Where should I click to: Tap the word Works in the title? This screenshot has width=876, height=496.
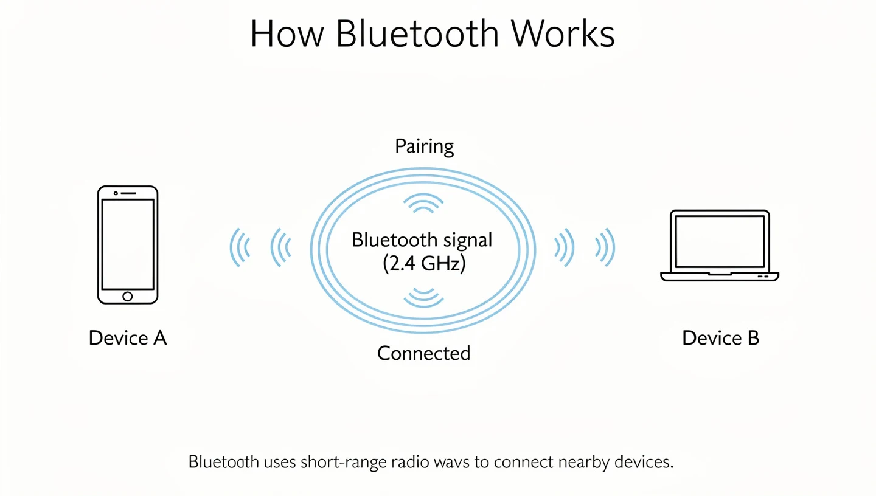point(563,34)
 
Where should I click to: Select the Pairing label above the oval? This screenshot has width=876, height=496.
point(424,146)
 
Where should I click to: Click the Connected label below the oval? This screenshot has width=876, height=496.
point(423,353)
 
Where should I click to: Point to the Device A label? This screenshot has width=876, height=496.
point(128,338)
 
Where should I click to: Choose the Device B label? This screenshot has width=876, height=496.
point(720,338)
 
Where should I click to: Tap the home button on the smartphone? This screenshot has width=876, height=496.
point(128,296)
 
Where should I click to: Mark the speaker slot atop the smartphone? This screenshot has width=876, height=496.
point(128,193)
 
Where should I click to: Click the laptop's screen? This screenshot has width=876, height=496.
point(720,241)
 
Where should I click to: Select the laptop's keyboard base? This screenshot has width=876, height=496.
point(720,277)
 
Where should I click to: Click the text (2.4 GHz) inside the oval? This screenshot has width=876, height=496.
point(424,264)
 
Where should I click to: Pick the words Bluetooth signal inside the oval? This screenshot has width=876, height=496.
point(422,241)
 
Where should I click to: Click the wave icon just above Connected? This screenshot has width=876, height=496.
point(424,296)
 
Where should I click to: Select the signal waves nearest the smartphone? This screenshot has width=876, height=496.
point(240,248)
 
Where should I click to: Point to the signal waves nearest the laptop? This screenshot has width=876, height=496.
point(606,248)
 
